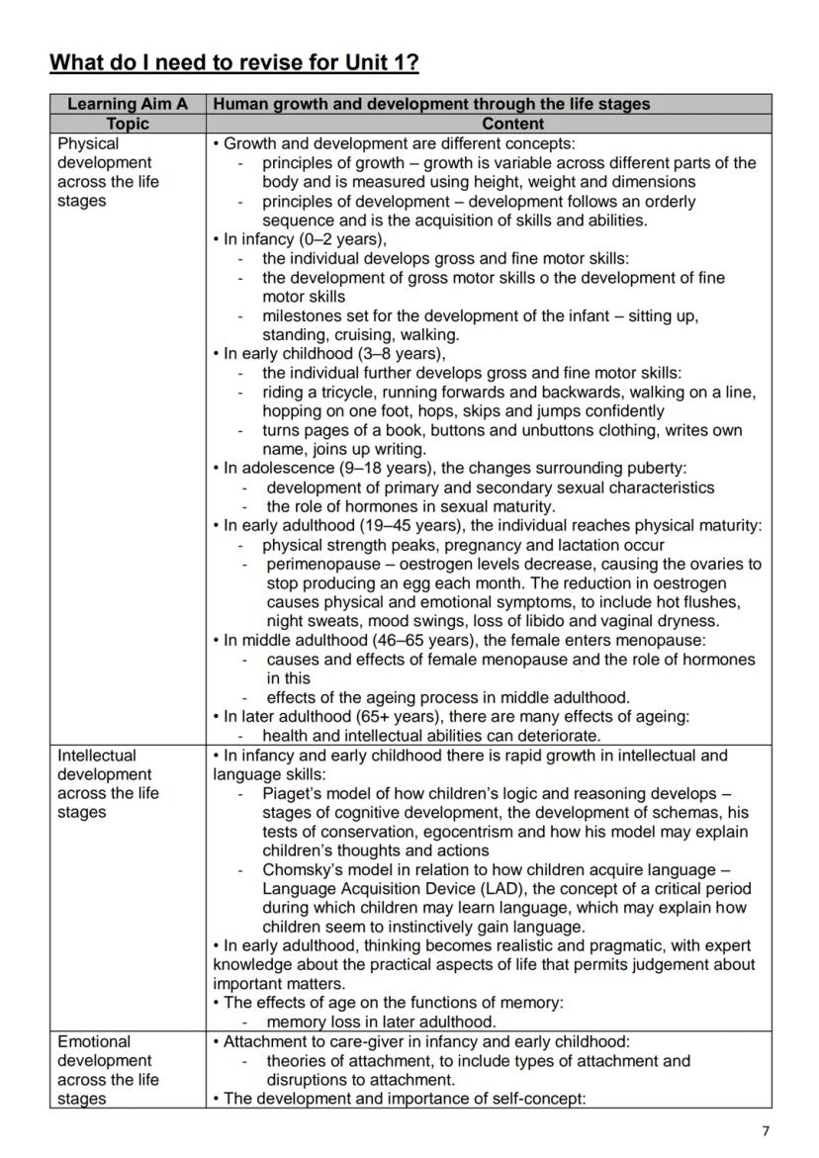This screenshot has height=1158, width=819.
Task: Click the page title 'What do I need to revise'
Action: coord(233,63)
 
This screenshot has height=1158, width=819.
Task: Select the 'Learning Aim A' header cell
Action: coord(128,104)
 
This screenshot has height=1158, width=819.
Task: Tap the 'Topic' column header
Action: coord(128,124)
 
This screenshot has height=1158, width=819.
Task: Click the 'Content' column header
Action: coord(512,124)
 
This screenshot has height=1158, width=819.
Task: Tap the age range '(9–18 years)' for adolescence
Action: coord(363,468)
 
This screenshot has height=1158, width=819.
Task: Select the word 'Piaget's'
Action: coord(294,793)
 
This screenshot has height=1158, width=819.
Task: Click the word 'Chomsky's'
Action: coord(303,869)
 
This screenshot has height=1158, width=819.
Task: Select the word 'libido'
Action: coord(547,621)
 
